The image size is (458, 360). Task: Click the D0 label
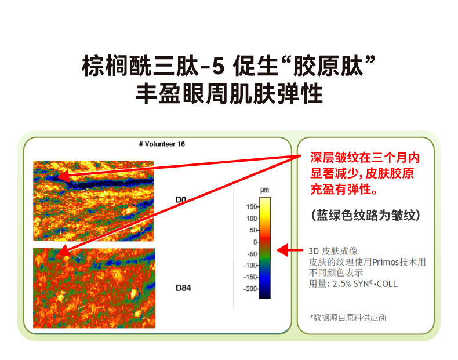pyautogui.click(x=180, y=199)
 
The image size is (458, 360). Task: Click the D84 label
pyautogui.click(x=183, y=288)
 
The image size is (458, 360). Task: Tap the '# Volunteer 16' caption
pyautogui.click(x=162, y=144)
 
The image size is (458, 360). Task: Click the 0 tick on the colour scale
pyautogui.click(x=254, y=242)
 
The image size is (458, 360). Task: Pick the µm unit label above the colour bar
pyautogui.click(x=264, y=190)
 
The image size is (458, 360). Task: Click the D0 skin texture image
pyautogui.click(x=93, y=201)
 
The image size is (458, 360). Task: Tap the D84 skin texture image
pyautogui.click(x=94, y=288)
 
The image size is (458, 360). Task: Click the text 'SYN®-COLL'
pyautogui.click(x=376, y=284)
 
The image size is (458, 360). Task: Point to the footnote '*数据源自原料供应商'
pyautogui.click(x=348, y=317)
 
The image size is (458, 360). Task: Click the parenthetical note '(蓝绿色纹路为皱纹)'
pyautogui.click(x=365, y=215)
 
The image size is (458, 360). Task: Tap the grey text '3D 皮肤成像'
pyautogui.click(x=333, y=251)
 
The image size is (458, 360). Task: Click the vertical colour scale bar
pyautogui.click(x=264, y=247)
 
